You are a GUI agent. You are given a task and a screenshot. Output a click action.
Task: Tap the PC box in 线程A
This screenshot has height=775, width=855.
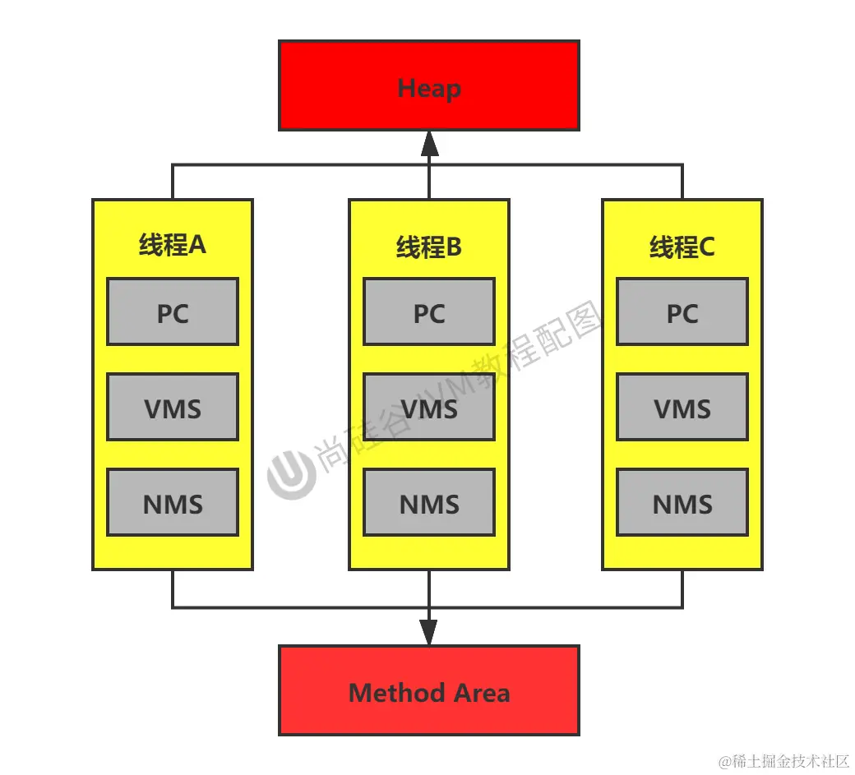[173, 311]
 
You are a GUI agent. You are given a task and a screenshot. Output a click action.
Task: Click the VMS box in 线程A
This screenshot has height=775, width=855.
[173, 407]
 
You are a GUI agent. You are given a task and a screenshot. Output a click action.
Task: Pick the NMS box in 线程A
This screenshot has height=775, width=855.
[173, 502]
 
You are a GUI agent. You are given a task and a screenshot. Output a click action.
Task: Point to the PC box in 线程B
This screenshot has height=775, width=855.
[429, 311]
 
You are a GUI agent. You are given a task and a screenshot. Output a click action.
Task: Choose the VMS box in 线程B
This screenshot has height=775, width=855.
[429, 407]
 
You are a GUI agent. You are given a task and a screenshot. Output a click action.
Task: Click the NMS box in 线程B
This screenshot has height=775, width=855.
[429, 502]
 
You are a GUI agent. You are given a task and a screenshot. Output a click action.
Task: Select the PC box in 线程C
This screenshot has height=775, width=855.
[682, 311]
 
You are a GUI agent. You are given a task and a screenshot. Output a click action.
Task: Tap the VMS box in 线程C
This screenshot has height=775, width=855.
[682, 407]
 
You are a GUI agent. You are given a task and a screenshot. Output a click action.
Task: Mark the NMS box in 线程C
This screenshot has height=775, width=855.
[682, 502]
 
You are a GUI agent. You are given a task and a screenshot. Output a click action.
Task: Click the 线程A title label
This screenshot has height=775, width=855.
[173, 245]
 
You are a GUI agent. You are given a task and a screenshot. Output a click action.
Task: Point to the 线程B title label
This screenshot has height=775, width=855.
[429, 247]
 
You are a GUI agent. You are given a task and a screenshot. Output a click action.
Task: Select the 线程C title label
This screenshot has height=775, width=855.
[682, 247]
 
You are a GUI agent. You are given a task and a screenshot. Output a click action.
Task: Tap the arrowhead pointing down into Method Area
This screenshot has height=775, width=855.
[429, 633]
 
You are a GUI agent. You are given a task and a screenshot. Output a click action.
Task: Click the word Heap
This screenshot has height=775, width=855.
[429, 88]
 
